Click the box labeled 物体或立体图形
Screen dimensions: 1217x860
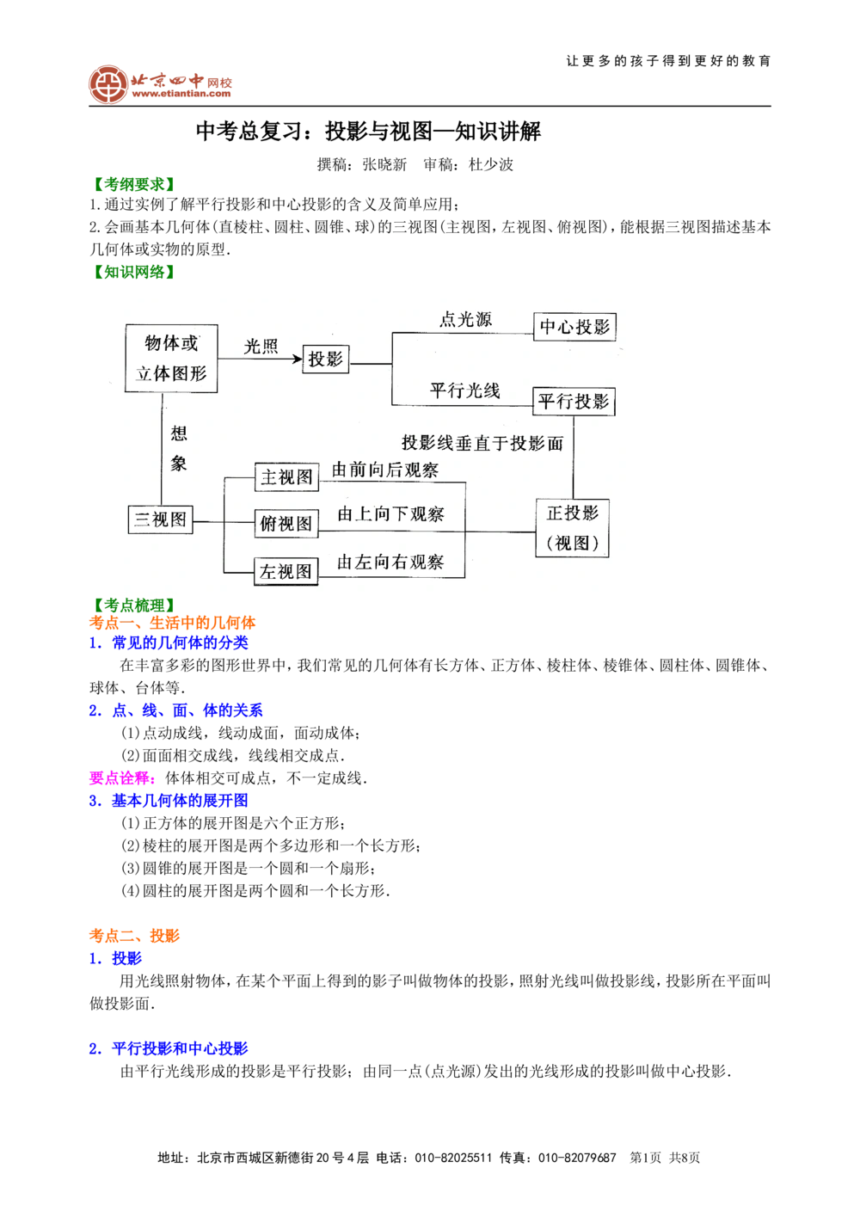[x=171, y=358]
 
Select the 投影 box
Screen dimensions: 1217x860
[x=326, y=360]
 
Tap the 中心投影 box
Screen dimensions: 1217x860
[x=574, y=327]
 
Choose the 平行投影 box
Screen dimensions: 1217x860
[x=574, y=402]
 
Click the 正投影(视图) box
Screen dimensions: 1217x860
[x=572, y=527]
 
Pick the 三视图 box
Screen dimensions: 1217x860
[x=160, y=519]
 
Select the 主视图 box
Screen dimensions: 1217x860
[x=286, y=477]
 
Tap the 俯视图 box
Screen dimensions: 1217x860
[x=286, y=524]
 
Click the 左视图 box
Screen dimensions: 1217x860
[x=286, y=571]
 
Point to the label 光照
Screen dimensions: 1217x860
[x=261, y=347]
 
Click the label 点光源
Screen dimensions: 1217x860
[x=465, y=319]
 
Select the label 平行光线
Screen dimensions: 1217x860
[x=464, y=390]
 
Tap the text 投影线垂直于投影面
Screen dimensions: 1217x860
[x=482, y=443]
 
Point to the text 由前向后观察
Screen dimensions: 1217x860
[x=385, y=470]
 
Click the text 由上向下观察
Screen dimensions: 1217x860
[x=390, y=514]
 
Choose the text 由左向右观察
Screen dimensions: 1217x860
[x=390, y=562]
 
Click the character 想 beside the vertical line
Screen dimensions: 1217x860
[x=179, y=433]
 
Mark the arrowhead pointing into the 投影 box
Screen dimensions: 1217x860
[x=298, y=359]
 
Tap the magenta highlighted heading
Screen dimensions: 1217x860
[x=120, y=779]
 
